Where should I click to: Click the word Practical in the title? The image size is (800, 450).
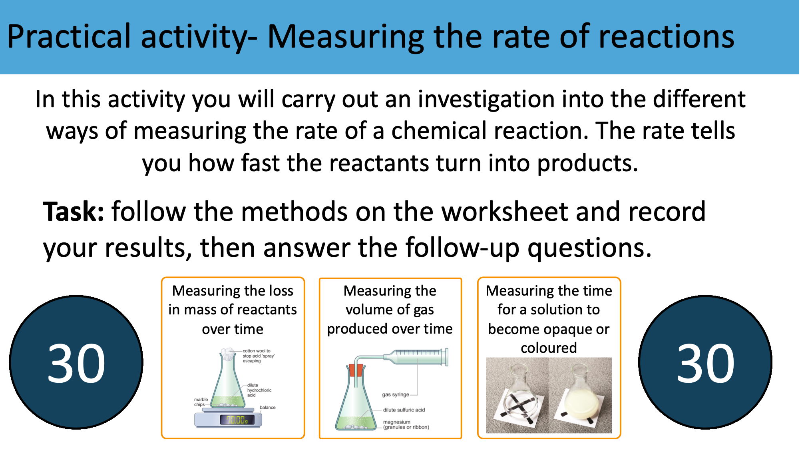tap(69, 37)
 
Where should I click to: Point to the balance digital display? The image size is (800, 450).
tap(237, 420)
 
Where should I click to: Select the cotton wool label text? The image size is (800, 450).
tap(259, 356)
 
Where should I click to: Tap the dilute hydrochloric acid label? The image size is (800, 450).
tap(259, 390)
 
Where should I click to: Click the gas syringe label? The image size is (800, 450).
tap(396, 394)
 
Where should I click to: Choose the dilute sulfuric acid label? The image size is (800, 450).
tap(404, 410)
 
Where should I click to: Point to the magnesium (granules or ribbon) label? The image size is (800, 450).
tap(406, 424)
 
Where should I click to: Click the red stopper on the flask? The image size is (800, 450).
tap(355, 370)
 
